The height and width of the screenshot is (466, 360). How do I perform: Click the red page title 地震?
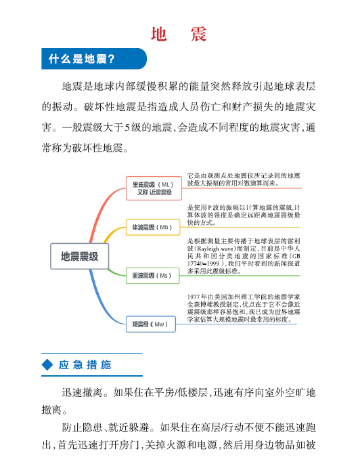click(x=179, y=35)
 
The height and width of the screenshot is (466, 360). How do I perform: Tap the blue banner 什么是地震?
click(x=94, y=58)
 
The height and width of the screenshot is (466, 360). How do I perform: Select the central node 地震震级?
click(x=80, y=256)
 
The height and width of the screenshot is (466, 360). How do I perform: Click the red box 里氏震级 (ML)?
click(x=154, y=188)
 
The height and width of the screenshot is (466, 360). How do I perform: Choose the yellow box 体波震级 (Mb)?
click(x=153, y=228)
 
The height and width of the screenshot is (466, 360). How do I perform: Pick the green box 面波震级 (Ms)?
click(x=152, y=276)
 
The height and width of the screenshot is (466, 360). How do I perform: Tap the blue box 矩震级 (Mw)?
click(x=151, y=324)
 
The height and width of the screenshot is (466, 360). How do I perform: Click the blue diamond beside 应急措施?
click(x=47, y=364)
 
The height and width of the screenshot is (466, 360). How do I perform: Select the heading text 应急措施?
click(x=85, y=364)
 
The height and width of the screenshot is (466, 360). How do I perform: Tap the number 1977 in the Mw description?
click(x=194, y=297)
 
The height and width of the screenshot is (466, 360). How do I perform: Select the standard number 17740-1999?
click(x=203, y=263)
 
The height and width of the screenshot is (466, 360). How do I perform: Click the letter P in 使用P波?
click(x=209, y=207)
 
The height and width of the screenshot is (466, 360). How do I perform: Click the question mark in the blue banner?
click(x=111, y=59)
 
